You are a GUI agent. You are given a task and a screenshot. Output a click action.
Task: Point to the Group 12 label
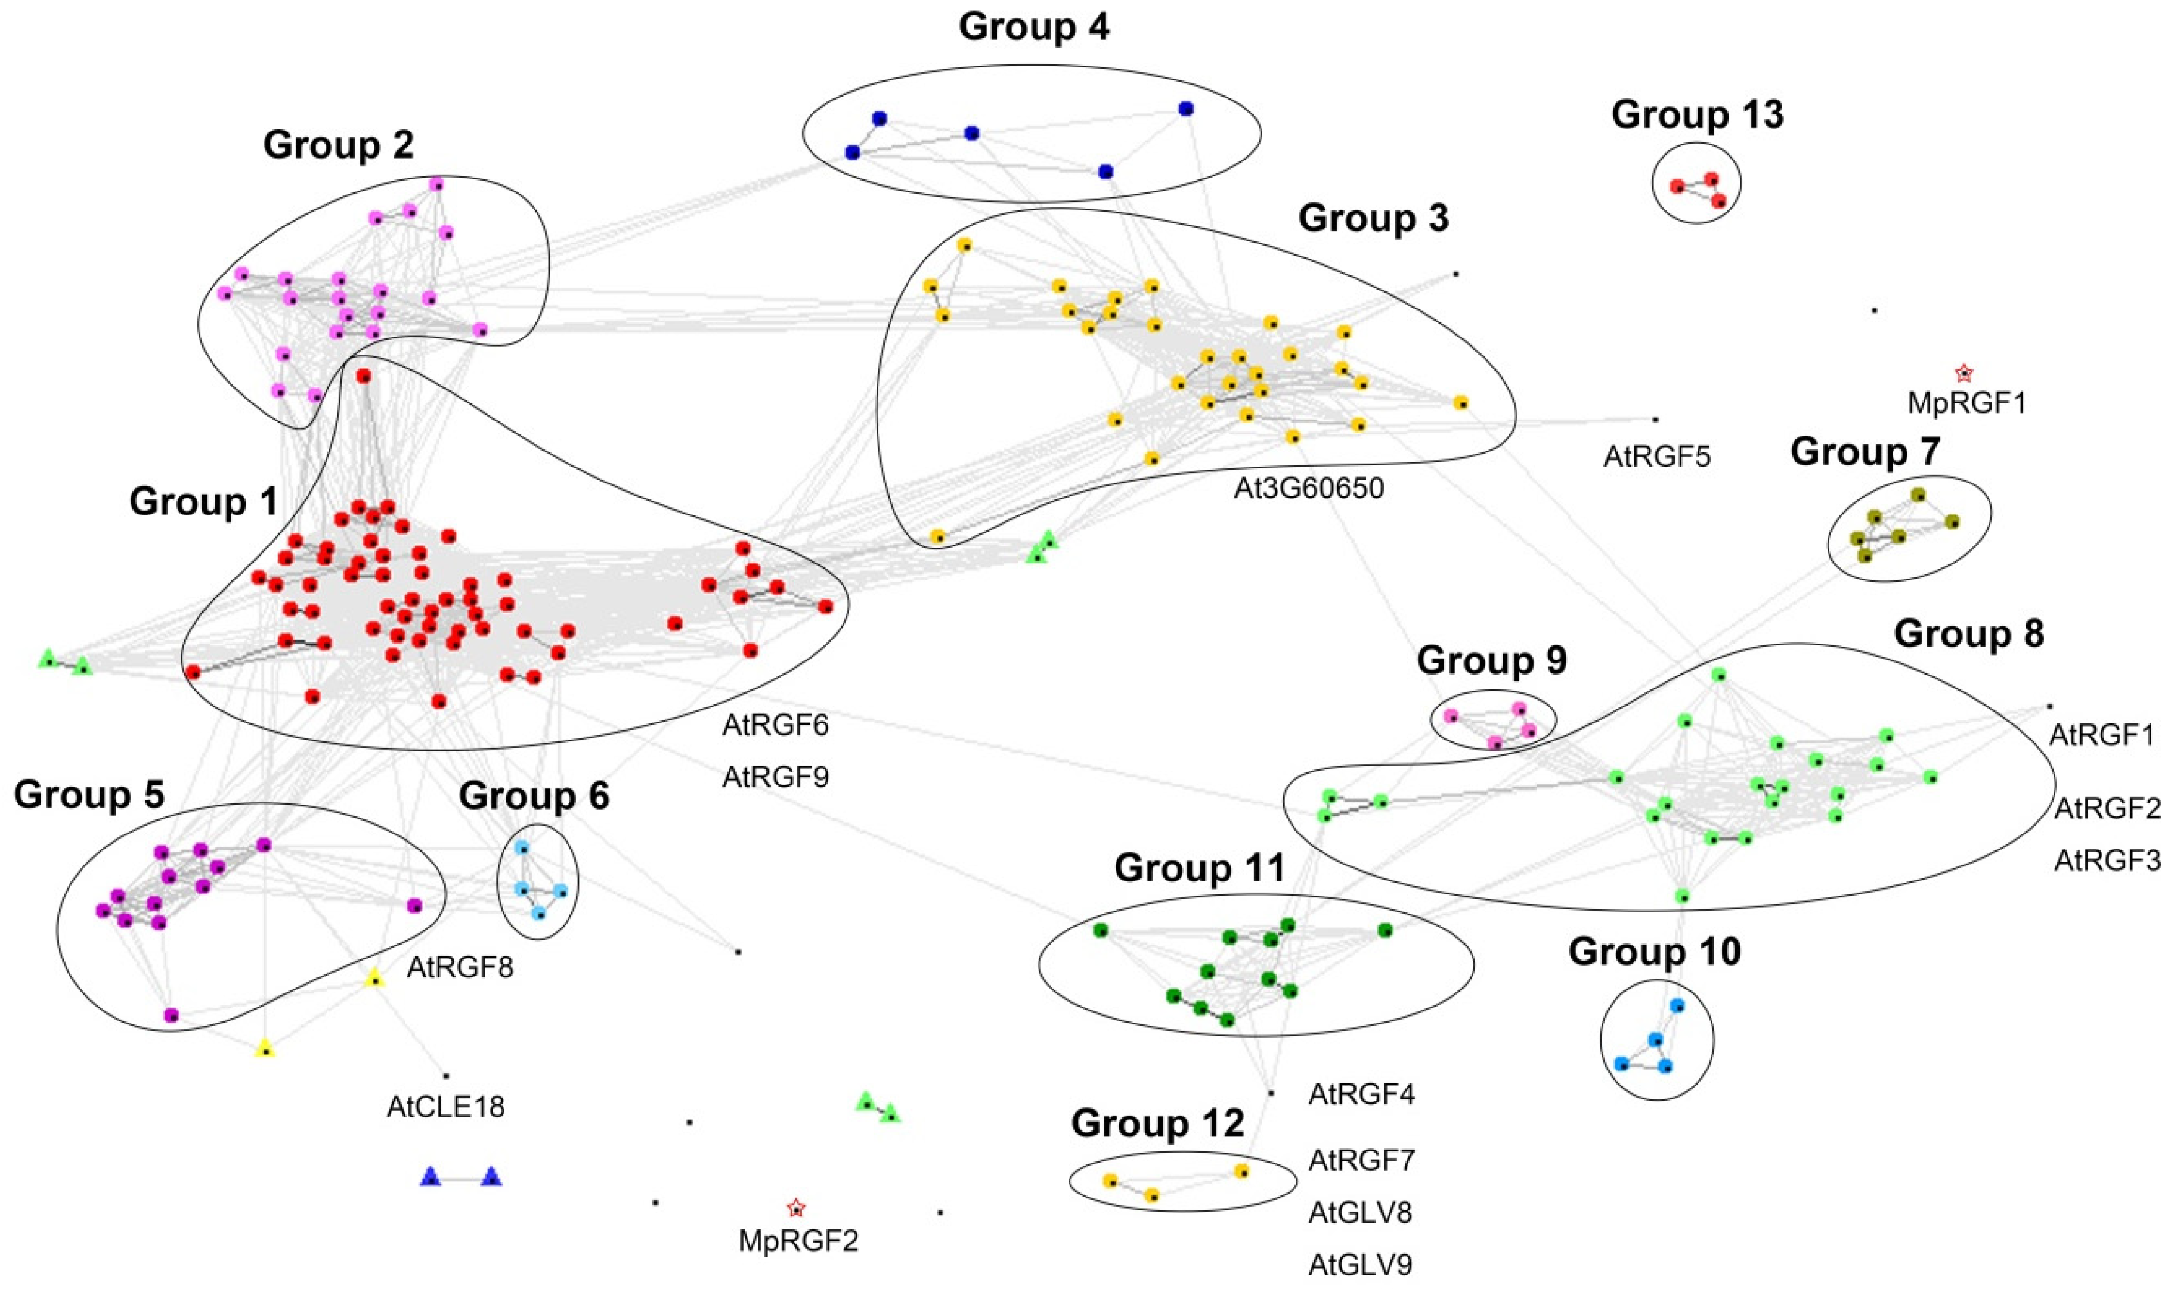(x=1157, y=1123)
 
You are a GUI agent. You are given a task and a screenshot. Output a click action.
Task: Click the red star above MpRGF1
(x=1964, y=374)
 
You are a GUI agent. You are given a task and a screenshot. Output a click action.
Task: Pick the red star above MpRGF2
(x=796, y=1208)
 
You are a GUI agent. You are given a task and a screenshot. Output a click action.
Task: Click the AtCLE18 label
(x=446, y=1107)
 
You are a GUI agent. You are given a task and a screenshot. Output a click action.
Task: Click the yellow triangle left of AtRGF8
(x=374, y=979)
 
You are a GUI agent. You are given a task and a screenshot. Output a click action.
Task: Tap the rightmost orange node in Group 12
(x=1243, y=1172)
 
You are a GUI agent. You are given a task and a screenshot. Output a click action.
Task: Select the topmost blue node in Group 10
(x=1677, y=1006)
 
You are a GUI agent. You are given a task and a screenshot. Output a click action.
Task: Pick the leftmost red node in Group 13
(x=1677, y=186)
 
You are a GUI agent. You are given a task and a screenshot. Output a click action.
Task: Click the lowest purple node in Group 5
(x=172, y=1014)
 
